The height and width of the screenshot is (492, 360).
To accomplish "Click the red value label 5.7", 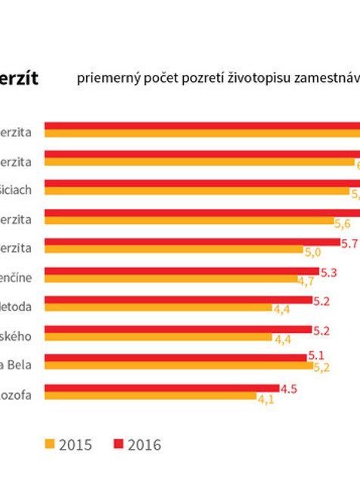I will click(x=349, y=243).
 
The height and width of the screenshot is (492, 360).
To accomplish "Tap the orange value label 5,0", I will click(x=312, y=252).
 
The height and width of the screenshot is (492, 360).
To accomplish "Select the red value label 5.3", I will click(x=329, y=272).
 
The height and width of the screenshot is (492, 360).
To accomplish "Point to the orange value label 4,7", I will click(x=306, y=281).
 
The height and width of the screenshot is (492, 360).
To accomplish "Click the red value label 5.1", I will click(x=317, y=357).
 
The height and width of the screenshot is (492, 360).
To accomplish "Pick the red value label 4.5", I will click(x=289, y=388).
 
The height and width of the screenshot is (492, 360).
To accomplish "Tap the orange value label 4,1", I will click(x=265, y=399).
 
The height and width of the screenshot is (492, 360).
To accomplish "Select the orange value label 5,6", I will click(x=342, y=223).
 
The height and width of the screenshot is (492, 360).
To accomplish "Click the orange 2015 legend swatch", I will click(x=51, y=444).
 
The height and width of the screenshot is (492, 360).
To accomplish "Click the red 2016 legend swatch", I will click(x=117, y=444).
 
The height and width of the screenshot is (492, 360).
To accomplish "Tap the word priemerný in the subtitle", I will click(x=104, y=78).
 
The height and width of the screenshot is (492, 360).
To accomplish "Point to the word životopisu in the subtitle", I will click(x=247, y=78).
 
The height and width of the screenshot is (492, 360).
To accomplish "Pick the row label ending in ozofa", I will click(x=16, y=394).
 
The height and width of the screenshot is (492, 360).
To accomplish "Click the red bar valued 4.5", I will click(x=161, y=388).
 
